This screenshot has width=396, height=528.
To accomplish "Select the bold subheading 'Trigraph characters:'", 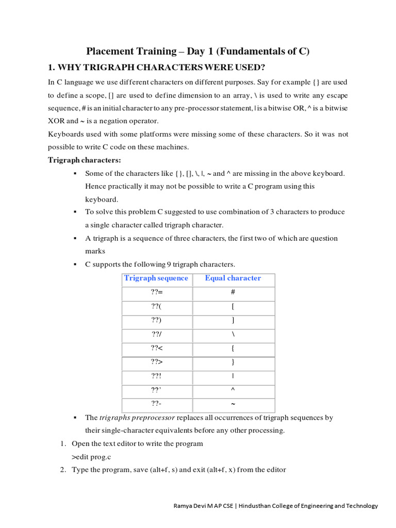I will coord(85,160).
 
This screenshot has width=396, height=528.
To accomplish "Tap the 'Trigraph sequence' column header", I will coord(156,278).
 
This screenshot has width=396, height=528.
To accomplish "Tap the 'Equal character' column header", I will coord(233,278).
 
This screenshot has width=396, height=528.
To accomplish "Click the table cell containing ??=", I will coord(157,292).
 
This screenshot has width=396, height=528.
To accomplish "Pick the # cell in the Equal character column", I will coord(233,292).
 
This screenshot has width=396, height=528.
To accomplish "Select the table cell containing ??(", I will coord(157,306).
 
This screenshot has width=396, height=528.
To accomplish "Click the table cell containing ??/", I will coord(157,334).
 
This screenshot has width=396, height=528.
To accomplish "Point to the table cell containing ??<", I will coord(157,348).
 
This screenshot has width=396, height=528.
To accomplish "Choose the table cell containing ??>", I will coord(157,362).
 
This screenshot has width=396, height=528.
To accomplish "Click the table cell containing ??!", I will coord(157,376).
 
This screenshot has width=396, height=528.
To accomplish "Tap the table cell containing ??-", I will coord(157,404).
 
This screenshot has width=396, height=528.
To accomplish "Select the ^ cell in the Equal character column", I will coord(233,390).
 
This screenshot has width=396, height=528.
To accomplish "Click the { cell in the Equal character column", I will coord(233,348).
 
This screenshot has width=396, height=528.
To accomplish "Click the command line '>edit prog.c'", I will coord(91,457).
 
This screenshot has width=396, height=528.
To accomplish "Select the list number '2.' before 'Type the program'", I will coord(62,470).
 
